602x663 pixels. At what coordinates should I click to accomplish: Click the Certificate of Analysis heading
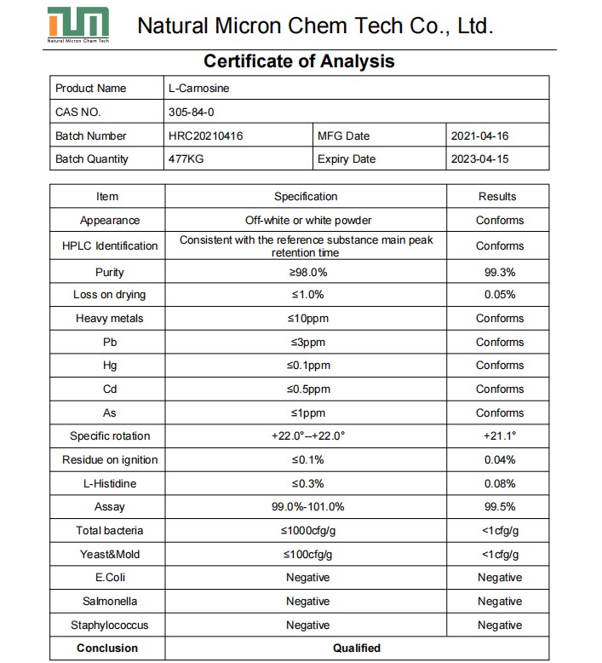click(299, 61)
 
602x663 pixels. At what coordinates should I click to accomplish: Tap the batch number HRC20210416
click(206, 135)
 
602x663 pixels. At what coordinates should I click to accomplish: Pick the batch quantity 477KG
click(185, 159)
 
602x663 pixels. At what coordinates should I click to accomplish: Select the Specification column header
click(306, 196)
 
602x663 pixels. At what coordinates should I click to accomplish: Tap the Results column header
click(497, 196)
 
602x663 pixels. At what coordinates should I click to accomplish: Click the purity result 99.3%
click(499, 273)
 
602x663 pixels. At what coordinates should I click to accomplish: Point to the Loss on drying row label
click(109, 295)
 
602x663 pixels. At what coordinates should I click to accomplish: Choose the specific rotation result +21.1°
click(500, 435)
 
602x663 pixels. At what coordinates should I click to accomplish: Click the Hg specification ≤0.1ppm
click(307, 365)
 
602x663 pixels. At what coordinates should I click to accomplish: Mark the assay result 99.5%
click(499, 507)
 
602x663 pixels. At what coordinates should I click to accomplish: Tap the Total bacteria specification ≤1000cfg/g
click(307, 530)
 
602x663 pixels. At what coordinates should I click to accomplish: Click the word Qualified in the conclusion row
click(357, 648)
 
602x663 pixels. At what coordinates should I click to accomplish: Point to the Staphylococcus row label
click(109, 625)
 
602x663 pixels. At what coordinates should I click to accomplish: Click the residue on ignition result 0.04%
click(499, 459)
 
